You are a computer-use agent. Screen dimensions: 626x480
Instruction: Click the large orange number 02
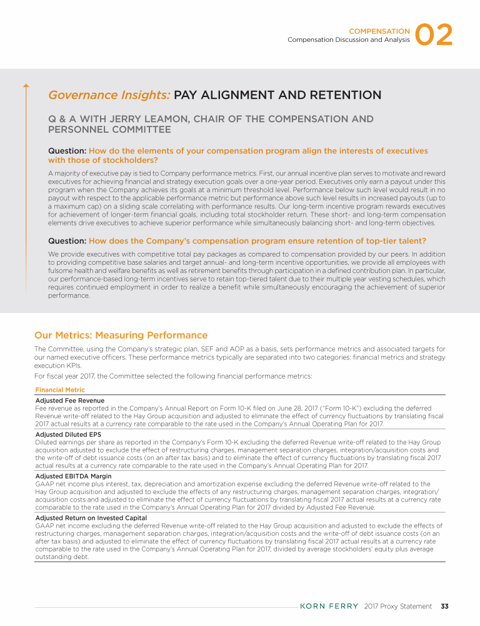434,36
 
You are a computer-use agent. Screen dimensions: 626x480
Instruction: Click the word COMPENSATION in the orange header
379,30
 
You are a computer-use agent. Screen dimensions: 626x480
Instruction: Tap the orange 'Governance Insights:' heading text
109,95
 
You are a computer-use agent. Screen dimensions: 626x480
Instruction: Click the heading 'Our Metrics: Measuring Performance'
121,336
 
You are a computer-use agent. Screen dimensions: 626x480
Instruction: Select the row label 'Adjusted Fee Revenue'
70,399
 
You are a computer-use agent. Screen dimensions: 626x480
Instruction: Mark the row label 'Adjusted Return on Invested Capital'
91,518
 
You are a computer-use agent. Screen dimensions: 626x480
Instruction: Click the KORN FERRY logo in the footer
329,606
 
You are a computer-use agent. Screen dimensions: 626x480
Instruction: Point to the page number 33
445,606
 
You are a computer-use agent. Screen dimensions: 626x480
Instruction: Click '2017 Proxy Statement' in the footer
397,606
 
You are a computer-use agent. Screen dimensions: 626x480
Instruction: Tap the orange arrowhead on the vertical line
26,85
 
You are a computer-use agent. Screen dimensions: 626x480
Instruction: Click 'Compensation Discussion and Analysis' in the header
348,39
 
